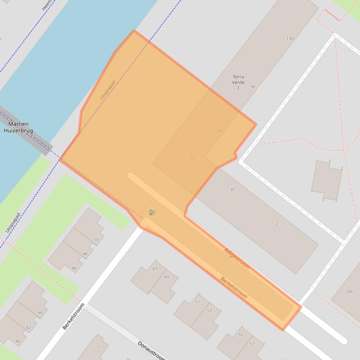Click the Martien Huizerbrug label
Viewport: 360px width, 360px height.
tap(18, 128)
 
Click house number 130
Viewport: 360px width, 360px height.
tap(290, 38)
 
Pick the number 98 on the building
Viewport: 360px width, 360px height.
tap(253, 87)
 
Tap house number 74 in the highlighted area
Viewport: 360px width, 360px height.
tap(219, 131)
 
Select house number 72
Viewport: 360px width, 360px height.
tap(192, 158)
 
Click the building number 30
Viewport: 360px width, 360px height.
tap(232, 190)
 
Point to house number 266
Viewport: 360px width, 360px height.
tap(349, 291)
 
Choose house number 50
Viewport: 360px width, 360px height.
tap(96, 240)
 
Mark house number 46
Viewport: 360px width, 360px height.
tap(74, 268)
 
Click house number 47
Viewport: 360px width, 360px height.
tap(155, 269)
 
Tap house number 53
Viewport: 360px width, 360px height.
tap(209, 310)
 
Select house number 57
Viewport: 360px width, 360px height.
tap(252, 344)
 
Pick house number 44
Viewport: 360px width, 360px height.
tap(40, 313)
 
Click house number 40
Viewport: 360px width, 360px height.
tap(18, 341)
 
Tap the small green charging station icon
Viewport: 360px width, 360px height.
tap(152, 213)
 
